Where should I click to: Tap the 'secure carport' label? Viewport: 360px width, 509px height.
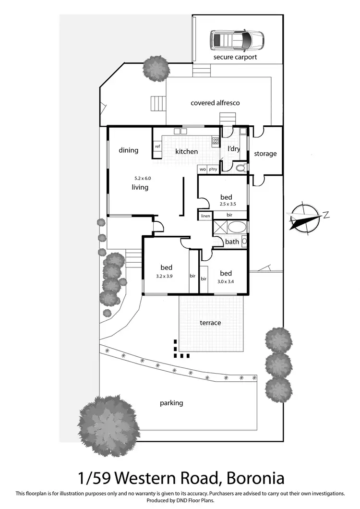(x=235, y=57)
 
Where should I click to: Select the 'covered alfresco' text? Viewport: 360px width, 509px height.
(x=215, y=103)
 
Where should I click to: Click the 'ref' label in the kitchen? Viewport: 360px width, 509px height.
(x=157, y=146)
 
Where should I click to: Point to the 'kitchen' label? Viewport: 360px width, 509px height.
(x=186, y=151)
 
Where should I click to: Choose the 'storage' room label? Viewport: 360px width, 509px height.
(x=265, y=154)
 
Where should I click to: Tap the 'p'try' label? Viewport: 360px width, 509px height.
(x=213, y=170)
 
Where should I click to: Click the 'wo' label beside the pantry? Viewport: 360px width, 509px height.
(x=203, y=170)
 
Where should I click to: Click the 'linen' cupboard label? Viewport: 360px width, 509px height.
(x=205, y=216)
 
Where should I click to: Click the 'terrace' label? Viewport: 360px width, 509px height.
(x=210, y=323)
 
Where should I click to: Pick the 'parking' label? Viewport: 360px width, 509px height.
(x=171, y=403)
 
